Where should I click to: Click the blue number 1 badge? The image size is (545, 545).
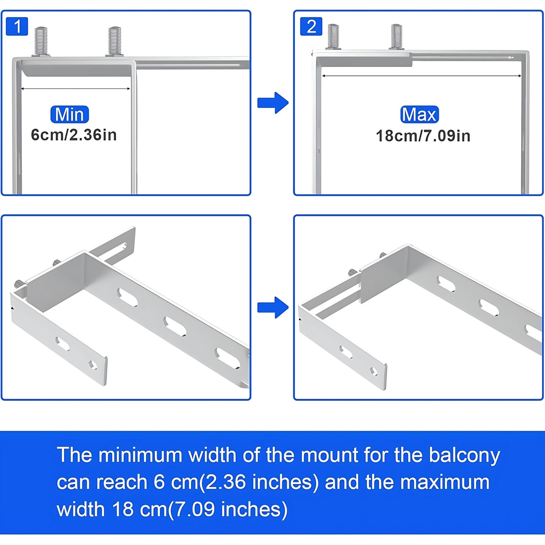(x=17, y=26)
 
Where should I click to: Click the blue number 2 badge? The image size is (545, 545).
(x=311, y=26)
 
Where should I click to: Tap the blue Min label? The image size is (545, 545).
(x=69, y=114)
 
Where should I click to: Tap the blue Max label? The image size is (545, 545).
(x=419, y=114)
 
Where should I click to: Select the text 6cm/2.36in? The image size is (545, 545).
(x=74, y=135)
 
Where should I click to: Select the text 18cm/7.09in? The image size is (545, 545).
(x=423, y=136)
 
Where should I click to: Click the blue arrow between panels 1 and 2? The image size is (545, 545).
(x=272, y=103)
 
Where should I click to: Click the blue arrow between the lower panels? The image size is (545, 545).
(x=272, y=307)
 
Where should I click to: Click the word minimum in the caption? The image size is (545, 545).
(x=140, y=455)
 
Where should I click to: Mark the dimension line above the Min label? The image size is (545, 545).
(x=75, y=89)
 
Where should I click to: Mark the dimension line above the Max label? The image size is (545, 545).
(x=422, y=75)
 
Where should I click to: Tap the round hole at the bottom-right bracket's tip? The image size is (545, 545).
(x=374, y=371)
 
